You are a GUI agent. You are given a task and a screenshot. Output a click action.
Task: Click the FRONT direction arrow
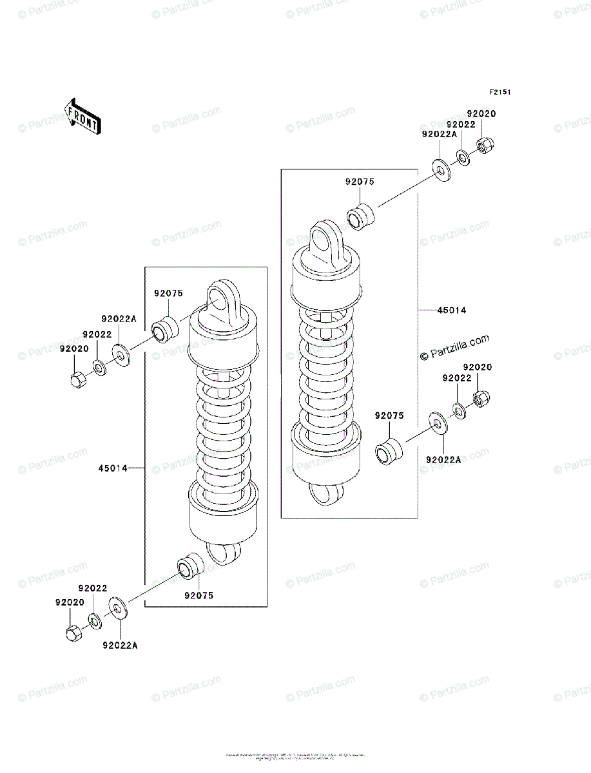pyautogui.click(x=82, y=115)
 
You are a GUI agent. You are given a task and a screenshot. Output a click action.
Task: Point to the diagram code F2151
pyautogui.click(x=499, y=92)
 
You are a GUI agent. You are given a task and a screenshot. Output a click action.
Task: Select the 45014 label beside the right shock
pyautogui.click(x=451, y=310)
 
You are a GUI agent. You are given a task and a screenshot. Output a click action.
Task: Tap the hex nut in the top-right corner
pyautogui.click(x=483, y=145)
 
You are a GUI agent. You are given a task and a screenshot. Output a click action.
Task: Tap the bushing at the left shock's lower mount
pyautogui.click(x=189, y=566)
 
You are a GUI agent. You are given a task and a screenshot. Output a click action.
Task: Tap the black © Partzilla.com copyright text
pyautogui.click(x=454, y=348)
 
